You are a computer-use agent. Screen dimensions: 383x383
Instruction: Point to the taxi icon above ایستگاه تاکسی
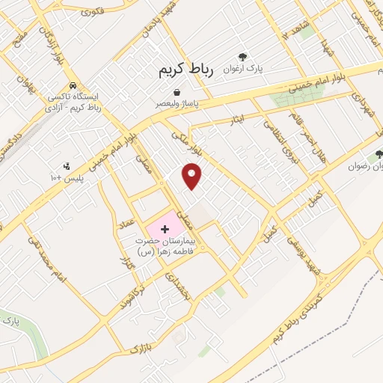73,85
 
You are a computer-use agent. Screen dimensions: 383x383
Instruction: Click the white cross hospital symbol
165,227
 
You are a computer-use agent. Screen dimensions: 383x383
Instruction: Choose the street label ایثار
238,119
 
